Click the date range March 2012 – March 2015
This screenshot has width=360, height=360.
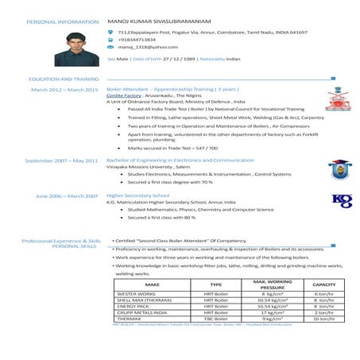click(x=64, y=90)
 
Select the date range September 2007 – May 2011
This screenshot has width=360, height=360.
click(x=61, y=160)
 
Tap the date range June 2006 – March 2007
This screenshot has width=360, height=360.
click(x=67, y=195)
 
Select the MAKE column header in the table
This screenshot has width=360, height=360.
click(x=153, y=284)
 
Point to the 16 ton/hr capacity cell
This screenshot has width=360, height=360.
click(x=323, y=318)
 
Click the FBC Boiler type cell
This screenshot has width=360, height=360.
click(x=215, y=318)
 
